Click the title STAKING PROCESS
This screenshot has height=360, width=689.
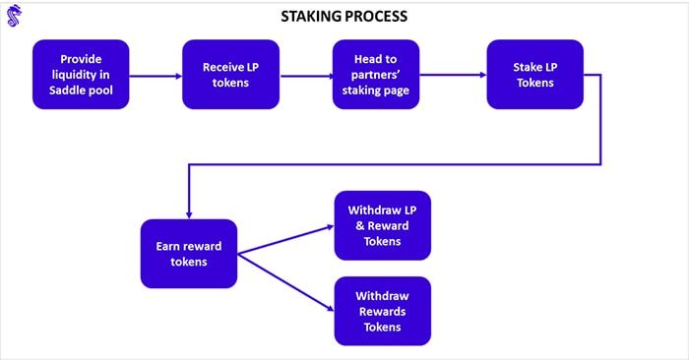[x=344, y=17]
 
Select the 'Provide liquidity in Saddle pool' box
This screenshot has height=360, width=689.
[x=81, y=75]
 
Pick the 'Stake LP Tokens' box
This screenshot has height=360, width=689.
[x=535, y=75]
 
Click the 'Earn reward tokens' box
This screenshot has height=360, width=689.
[x=189, y=254]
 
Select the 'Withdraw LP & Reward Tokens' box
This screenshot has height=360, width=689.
[x=382, y=225]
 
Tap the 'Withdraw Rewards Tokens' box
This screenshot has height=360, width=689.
[x=382, y=311]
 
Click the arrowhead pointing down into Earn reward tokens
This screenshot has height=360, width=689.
[x=188, y=212]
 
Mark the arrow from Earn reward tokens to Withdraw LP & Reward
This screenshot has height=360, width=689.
[x=285, y=239]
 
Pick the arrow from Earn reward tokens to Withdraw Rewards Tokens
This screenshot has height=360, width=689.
[x=285, y=281]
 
